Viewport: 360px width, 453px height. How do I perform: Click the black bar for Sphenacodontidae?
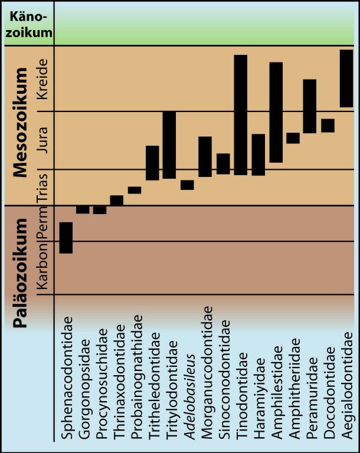point(66,238)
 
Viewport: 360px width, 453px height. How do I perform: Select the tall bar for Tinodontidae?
point(240,114)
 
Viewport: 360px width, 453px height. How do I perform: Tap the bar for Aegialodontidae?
point(346,78)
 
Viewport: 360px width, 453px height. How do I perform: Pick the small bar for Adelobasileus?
point(187,185)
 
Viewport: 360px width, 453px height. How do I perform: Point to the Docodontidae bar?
point(328,126)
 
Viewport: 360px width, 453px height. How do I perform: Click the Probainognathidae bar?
point(135,190)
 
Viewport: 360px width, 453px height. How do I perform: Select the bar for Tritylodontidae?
point(169,145)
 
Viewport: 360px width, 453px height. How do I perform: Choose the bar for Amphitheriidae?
point(293,138)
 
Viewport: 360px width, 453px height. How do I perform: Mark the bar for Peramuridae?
point(310,106)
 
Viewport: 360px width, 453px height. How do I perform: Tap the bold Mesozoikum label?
point(21,123)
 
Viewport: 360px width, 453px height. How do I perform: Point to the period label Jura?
point(42,140)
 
